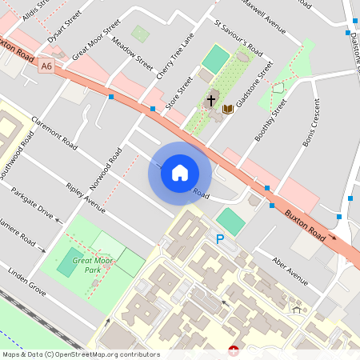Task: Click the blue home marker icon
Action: point(180,172)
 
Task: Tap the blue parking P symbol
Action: point(220,238)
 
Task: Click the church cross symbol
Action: point(211,101)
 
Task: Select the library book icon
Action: point(228,108)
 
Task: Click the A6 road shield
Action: point(46,70)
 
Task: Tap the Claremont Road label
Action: point(54,133)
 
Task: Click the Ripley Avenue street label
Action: point(86,199)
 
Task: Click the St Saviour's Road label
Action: point(238,38)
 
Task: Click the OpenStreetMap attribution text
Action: point(80,354)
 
